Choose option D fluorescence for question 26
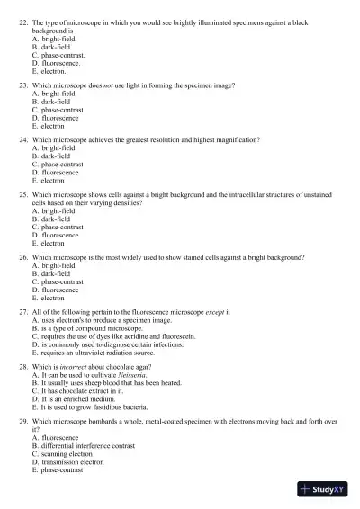pos(58,290)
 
